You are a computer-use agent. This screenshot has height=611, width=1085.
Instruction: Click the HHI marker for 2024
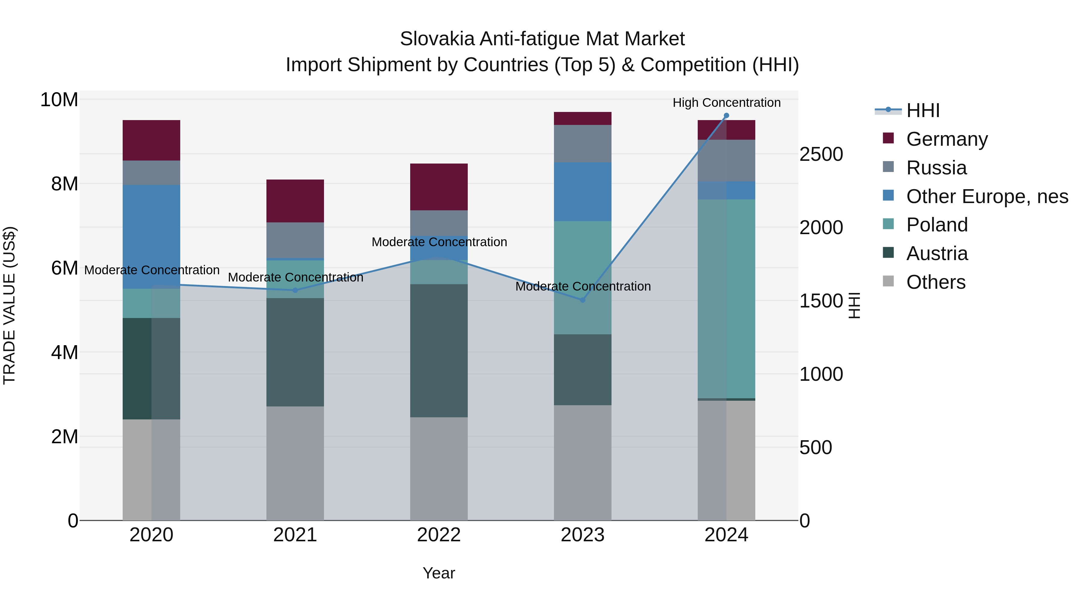(726, 116)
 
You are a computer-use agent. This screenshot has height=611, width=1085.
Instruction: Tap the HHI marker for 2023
(583, 300)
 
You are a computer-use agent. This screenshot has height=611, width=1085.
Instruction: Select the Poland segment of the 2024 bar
(726, 298)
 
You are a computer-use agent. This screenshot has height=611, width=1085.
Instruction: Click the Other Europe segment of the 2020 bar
(151, 237)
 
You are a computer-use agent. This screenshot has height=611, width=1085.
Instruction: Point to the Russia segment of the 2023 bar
(583, 143)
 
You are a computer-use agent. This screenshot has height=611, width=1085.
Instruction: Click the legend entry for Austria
(937, 253)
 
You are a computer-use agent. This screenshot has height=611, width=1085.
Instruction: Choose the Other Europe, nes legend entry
(987, 196)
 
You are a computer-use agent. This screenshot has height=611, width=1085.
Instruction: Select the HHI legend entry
(923, 110)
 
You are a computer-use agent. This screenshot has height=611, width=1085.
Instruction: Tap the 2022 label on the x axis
(439, 535)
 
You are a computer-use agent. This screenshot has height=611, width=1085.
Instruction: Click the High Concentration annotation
(726, 103)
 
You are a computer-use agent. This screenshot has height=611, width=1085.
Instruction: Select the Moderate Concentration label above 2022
(439, 242)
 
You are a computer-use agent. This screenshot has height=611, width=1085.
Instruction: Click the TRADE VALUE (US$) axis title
(9, 305)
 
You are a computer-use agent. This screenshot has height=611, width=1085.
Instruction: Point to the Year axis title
(439, 573)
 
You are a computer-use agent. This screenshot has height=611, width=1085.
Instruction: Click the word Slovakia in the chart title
(437, 39)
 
